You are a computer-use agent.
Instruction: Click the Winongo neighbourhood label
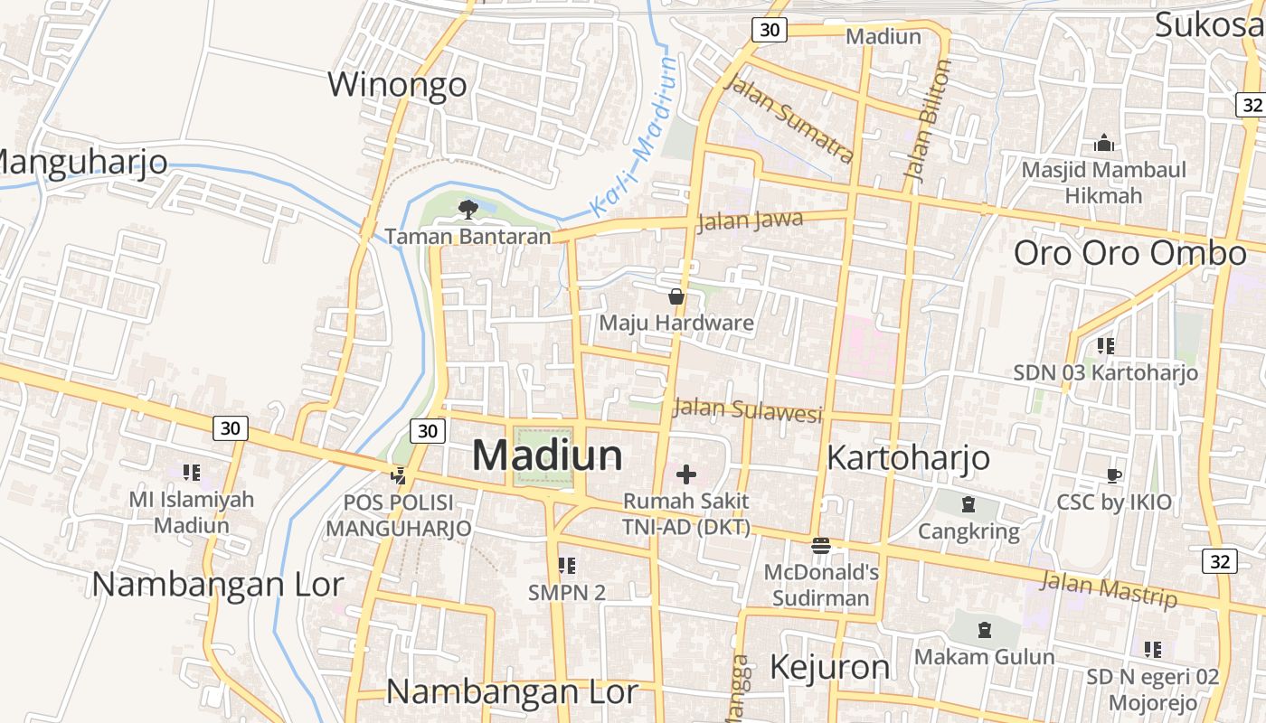point(397,84)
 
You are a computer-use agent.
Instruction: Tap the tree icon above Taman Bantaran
point(468,210)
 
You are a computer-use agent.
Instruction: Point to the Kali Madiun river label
point(633,136)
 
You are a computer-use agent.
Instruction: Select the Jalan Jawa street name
point(751,220)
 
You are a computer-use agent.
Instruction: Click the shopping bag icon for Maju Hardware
point(676,296)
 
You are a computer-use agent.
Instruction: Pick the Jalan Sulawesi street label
point(748,410)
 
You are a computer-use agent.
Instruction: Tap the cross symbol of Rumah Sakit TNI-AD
point(686,474)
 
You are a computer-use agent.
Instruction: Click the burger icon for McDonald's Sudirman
point(821,545)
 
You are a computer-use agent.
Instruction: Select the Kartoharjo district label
point(908,458)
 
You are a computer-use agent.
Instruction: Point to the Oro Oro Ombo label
point(1129,253)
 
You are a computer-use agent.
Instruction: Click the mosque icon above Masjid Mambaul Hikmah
point(1103,143)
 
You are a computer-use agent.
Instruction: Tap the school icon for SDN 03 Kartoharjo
point(1105,345)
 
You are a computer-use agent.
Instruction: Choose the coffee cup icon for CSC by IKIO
point(1114,475)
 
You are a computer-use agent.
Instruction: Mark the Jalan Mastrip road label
point(1109,588)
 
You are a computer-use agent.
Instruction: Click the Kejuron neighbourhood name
point(829,667)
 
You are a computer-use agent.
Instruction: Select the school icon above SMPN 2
point(567,566)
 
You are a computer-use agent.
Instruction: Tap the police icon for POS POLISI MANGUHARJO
point(398,474)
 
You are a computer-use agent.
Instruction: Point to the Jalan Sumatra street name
point(789,119)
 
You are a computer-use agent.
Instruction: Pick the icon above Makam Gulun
point(985,630)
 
